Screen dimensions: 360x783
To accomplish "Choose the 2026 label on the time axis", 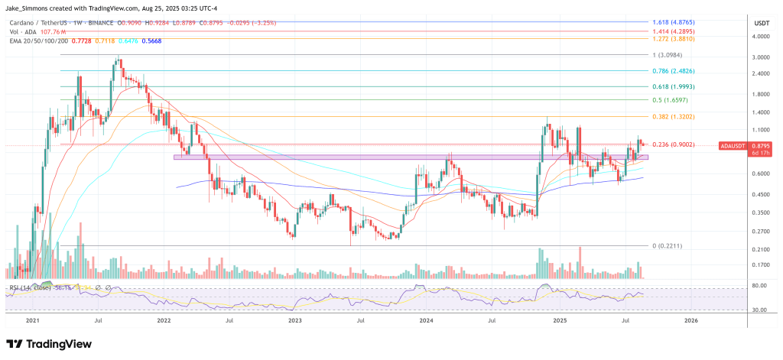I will pyautogui.click(x=690, y=322).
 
